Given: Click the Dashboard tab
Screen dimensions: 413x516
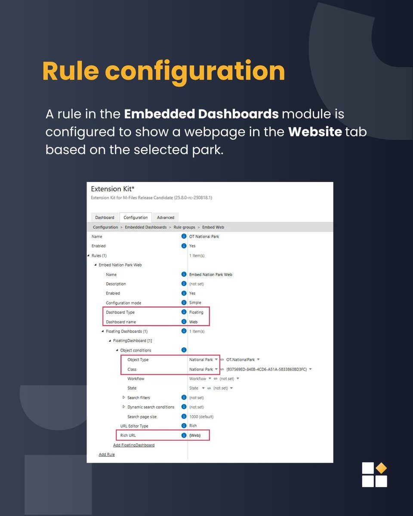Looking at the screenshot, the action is point(105,218).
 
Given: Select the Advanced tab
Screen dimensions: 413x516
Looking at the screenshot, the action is point(166,218).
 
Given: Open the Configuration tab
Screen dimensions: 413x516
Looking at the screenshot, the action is point(136,218).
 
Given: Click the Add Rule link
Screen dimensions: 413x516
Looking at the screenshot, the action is point(107,454).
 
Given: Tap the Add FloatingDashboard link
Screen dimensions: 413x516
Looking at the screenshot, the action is point(134,445).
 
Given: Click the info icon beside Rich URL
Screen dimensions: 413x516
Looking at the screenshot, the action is point(184,435).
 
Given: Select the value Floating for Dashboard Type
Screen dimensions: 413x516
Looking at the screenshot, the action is point(196,312).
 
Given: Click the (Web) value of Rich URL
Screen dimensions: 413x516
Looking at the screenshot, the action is point(195,435).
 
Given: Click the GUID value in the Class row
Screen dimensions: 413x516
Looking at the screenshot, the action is point(266,369).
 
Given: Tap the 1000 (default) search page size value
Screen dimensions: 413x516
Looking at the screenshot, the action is point(201,417).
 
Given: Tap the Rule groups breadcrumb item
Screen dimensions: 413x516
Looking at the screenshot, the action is point(185,227).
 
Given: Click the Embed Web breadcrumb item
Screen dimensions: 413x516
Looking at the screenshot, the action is point(213,227).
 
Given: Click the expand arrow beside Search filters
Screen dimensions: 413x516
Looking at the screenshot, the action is point(124,397).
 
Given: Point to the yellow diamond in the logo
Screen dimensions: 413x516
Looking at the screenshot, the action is point(381,468).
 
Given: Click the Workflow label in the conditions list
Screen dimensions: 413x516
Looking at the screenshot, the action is point(136,379).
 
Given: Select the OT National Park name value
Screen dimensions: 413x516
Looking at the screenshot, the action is point(204,236).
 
